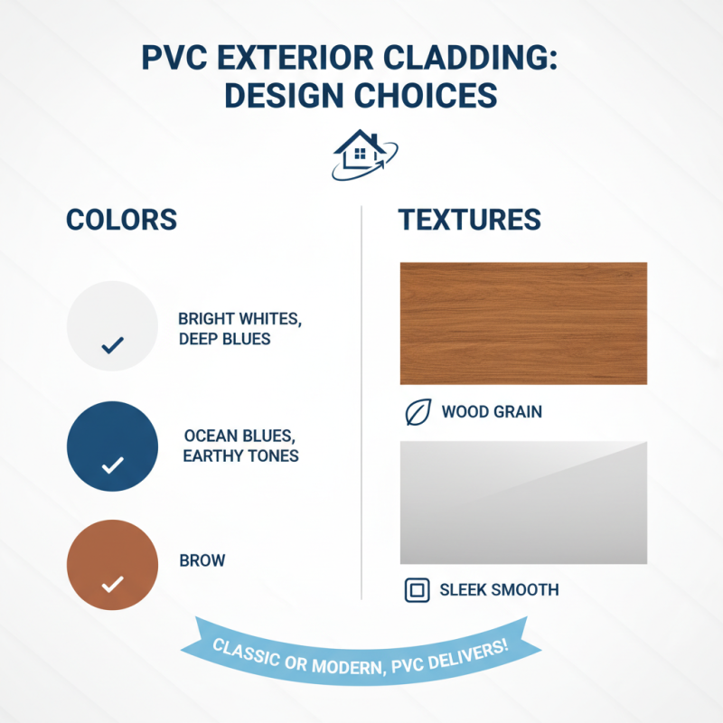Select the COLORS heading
coord(121,220)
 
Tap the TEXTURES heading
coord(470,220)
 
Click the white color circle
coord(112,325)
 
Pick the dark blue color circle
coord(112,446)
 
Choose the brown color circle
coord(112,565)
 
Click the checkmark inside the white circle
coord(112,345)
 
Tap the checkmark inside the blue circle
coord(112,465)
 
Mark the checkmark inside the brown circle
coord(112,585)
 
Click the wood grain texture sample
coord(523,323)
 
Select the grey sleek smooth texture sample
coord(523,502)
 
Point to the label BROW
coord(202,560)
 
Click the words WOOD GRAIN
coord(492,413)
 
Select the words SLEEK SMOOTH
coord(499,591)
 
